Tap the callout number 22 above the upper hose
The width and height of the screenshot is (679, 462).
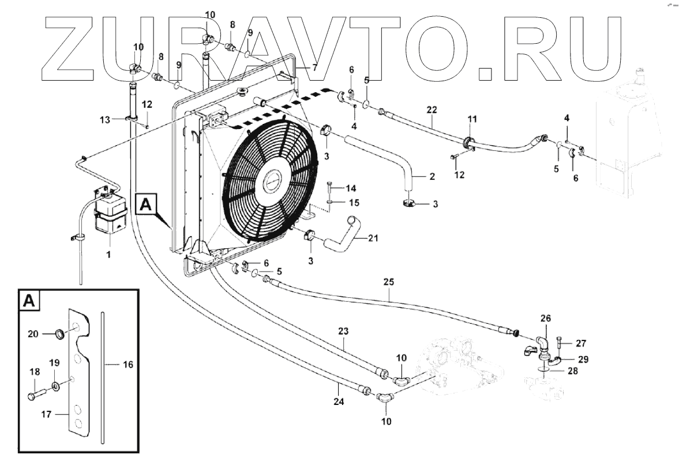pos(433,109)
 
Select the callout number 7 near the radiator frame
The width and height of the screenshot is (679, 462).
pos(314,67)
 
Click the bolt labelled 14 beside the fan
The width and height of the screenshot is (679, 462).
pos(330,187)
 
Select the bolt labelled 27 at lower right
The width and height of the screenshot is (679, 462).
pos(558,344)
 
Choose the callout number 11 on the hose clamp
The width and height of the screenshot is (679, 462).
pos(472,119)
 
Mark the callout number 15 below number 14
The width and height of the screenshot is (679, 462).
pos(354,202)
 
